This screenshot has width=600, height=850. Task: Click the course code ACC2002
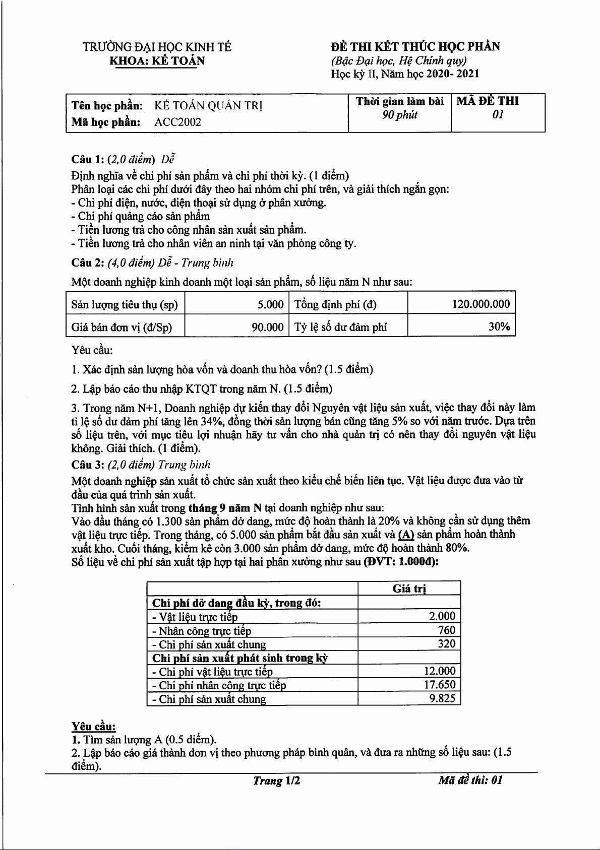pos(177,122)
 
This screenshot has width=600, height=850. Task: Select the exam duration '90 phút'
pos(400,115)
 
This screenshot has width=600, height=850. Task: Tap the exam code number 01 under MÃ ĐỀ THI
pos(498,115)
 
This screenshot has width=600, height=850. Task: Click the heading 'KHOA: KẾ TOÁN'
pos(157,61)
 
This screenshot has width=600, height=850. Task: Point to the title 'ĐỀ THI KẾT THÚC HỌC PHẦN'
pos(415,47)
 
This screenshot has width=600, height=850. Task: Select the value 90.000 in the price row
pos(268,327)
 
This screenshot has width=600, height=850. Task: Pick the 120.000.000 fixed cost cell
pos(481,304)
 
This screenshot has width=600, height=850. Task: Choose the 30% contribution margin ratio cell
pos(499,326)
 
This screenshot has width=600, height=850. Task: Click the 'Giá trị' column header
pos(409,589)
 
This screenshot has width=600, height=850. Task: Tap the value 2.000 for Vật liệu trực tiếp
pos(442,616)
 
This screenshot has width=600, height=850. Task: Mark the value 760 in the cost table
pos(447,630)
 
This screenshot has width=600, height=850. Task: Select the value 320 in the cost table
pos(447,643)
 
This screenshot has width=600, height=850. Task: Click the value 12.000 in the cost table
pos(439,671)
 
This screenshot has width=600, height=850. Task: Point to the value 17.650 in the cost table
pos(439,685)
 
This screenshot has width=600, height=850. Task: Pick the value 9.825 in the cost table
pos(442,698)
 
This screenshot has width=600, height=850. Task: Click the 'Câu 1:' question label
pos(88,160)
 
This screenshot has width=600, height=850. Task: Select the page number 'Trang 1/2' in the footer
pos(276,780)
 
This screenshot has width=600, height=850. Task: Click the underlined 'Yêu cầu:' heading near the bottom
pos(93,726)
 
